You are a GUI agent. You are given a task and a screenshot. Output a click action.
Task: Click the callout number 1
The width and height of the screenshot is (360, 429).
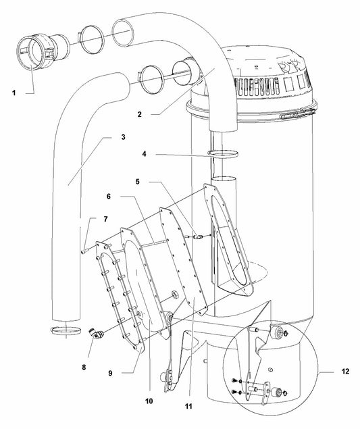coord(14,93)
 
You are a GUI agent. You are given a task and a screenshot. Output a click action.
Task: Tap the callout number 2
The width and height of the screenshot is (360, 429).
coord(140,114)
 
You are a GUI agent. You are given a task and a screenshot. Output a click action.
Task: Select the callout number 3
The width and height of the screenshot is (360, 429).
coord(123,136)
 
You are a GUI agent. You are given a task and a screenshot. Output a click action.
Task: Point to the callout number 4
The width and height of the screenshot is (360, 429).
coord(144,154)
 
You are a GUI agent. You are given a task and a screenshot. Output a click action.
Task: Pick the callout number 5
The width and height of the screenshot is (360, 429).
coord(138,181)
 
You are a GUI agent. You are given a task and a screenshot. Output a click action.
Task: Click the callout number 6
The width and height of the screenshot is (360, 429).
coord(109,197)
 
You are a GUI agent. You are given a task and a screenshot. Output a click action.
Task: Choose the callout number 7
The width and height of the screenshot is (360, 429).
coord(105,219)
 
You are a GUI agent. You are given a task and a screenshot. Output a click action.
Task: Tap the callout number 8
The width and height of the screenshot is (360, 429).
coord(84,367)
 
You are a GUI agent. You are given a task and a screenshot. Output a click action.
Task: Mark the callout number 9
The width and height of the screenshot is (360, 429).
coord(110,373)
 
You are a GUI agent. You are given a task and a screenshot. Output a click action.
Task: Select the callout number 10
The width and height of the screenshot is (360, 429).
coord(149,401)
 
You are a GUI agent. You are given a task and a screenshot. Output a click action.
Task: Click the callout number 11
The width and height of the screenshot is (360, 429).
coord(188,407)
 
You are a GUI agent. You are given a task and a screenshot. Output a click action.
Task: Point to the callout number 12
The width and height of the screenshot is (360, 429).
coord(346,372)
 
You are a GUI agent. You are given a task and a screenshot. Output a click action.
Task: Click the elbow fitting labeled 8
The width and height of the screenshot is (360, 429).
coord(97,334)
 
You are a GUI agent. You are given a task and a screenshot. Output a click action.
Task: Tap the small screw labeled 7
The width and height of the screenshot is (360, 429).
coord(84,251)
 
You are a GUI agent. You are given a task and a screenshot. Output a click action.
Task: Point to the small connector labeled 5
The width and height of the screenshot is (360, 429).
coord(198,236)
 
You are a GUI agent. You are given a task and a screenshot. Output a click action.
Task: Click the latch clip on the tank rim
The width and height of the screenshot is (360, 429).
coord(297,113)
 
